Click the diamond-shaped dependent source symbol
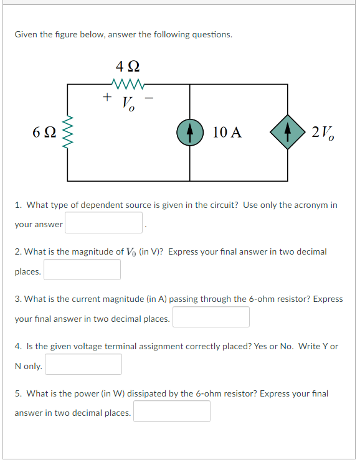click(287, 132)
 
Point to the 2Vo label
click(322, 132)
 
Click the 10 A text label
click(227, 132)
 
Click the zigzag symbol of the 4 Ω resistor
click(128, 84)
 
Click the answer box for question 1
click(104, 223)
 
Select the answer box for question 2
click(82, 270)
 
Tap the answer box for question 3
click(211, 317)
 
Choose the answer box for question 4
click(83, 364)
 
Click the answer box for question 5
click(171, 411)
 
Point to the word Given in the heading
click(26, 35)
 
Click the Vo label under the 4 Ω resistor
click(128, 102)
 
